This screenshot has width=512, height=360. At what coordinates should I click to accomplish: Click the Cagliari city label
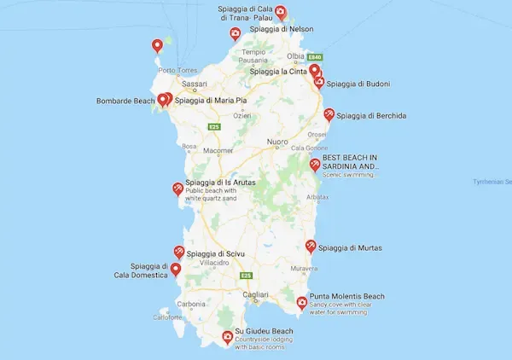[x=255, y=294]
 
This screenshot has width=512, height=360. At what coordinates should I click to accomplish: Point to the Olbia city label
[x=296, y=56]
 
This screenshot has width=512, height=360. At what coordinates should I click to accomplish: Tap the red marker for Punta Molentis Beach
[x=301, y=303]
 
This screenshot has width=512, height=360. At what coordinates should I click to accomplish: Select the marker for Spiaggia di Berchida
[x=329, y=115]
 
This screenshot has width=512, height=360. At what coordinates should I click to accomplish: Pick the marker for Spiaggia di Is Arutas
[x=177, y=189]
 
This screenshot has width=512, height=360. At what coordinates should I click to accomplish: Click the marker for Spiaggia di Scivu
[x=179, y=253]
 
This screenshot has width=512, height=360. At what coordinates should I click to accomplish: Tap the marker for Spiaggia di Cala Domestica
[x=175, y=270]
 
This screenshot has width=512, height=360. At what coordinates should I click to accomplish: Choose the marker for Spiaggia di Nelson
[x=235, y=34]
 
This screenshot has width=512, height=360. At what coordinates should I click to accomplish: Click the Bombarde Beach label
[x=126, y=101]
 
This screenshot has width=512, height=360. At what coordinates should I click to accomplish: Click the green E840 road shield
[x=314, y=52]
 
